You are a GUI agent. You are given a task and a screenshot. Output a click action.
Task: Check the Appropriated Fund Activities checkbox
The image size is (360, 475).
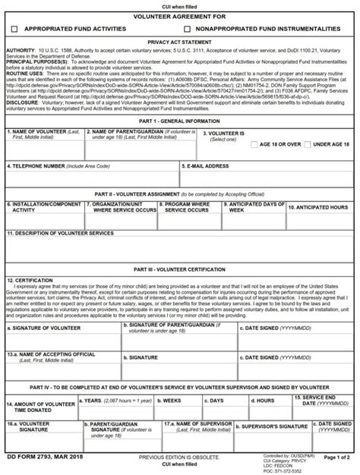point(14,28)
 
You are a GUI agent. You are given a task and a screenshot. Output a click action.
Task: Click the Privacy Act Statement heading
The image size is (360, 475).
point(180,43)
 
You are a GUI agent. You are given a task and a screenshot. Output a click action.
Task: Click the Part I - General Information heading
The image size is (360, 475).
point(180,121)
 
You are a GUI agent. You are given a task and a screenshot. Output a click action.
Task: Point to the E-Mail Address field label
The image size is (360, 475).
point(207,165)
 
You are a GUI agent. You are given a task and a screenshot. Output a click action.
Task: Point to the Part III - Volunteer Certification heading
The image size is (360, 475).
point(180,269)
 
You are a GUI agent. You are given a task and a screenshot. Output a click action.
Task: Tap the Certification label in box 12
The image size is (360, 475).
point(30,280)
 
